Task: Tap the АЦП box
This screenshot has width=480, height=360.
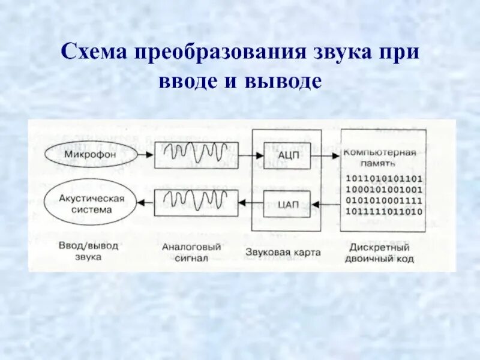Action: click(284, 155)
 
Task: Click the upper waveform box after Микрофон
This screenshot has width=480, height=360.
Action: click(196, 155)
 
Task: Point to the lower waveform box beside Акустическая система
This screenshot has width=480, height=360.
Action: click(196, 202)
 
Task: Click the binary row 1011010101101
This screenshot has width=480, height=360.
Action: click(384, 178)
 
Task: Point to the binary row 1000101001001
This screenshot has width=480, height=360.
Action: click(384, 189)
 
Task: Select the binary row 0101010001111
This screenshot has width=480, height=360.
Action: click(384, 200)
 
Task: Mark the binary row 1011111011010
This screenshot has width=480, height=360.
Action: click(384, 212)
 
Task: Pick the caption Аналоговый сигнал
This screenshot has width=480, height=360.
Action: click(192, 252)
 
